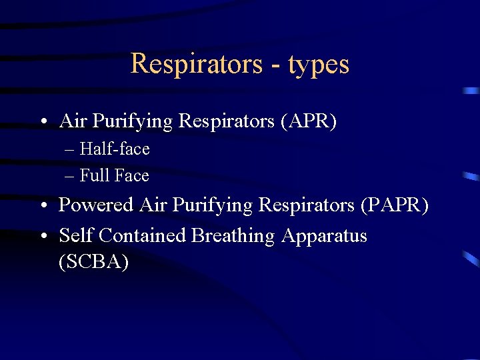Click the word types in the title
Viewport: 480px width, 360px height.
319,64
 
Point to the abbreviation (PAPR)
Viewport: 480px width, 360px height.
394,205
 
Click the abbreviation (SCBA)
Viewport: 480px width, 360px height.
94,261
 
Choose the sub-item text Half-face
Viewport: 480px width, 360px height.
114,149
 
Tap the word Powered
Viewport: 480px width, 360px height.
97,205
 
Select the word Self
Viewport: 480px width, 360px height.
73,236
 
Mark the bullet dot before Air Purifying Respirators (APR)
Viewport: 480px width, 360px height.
42,122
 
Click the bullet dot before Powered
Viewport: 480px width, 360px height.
42,206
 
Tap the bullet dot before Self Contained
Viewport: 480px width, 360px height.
42,237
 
